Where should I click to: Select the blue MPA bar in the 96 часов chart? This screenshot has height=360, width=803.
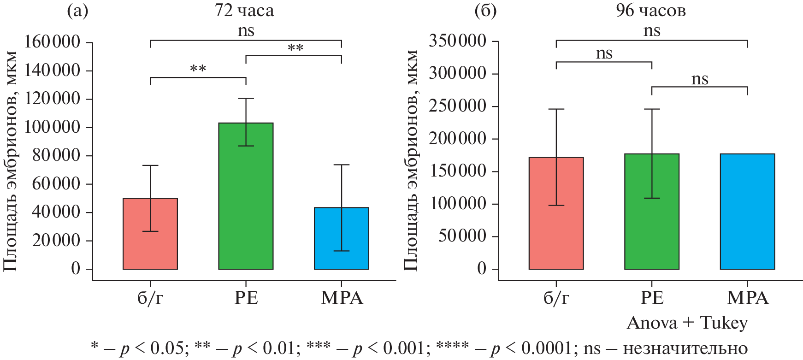click(x=747, y=212)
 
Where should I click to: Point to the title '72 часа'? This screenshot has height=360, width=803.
click(x=244, y=11)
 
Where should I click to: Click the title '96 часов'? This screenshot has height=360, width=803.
click(x=650, y=11)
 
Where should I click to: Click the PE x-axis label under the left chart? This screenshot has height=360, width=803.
click(x=246, y=298)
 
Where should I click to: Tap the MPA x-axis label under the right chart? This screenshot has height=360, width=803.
click(x=748, y=298)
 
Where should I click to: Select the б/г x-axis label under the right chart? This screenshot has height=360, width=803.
click(x=556, y=298)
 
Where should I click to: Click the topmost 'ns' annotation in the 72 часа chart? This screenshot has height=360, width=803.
click(x=246, y=31)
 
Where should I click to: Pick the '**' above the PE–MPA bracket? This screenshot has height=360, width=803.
click(x=295, y=48)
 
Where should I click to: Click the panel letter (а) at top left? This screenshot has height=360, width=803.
click(x=77, y=11)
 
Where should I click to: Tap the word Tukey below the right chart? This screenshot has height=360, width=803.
click(x=724, y=323)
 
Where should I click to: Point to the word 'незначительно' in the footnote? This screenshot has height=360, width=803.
click(x=685, y=348)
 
